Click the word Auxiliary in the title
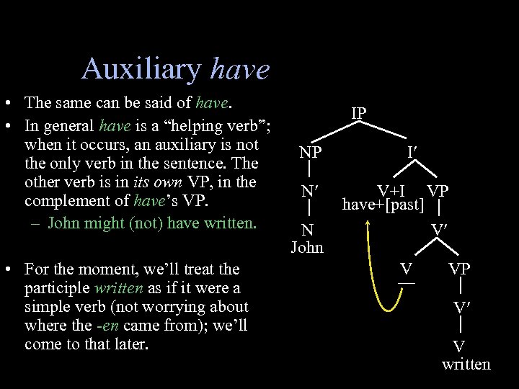(x=141, y=69)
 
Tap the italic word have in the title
(x=239, y=70)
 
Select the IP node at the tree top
(x=359, y=114)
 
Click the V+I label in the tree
(x=394, y=191)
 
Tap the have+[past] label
(x=383, y=205)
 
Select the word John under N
(x=308, y=248)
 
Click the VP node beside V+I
(x=438, y=191)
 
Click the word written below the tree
(x=466, y=364)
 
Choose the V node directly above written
(x=458, y=346)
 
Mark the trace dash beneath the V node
(x=407, y=282)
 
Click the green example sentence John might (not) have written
(x=151, y=222)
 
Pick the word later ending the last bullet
(x=130, y=344)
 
